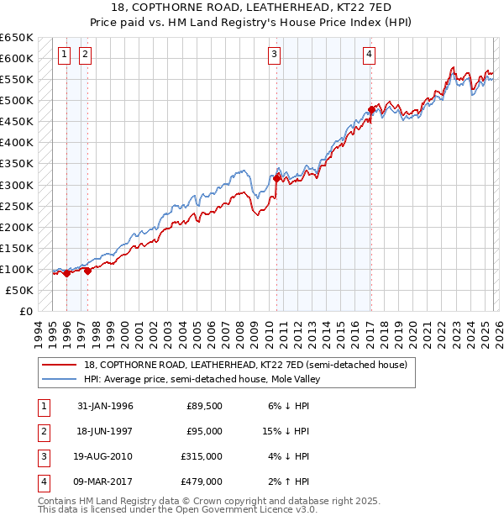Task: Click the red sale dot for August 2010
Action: click(276, 178)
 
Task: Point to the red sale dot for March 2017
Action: click(370, 109)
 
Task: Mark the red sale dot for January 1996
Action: click(66, 273)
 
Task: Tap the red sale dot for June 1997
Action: click(87, 271)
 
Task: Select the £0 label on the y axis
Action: click(25, 311)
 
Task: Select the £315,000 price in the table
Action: click(202, 457)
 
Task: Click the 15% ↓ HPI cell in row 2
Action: click(286, 432)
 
